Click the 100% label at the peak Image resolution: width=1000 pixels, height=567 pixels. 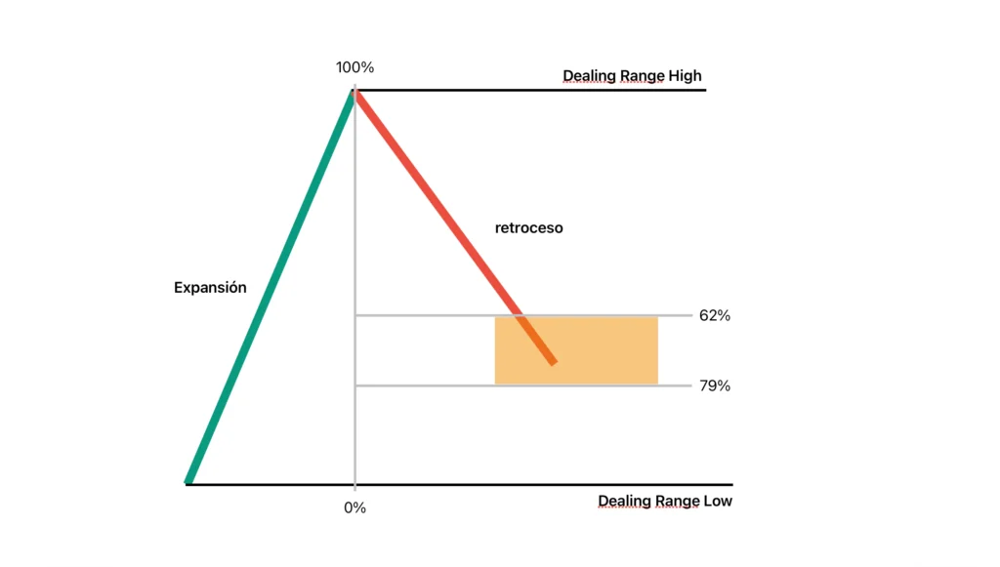pyautogui.click(x=354, y=67)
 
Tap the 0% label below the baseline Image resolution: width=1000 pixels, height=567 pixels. pyautogui.click(x=354, y=507)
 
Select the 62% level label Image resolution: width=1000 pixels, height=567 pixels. pyautogui.click(x=714, y=315)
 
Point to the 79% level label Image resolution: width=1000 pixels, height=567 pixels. pyautogui.click(x=714, y=385)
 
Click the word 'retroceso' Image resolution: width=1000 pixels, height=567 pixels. pyautogui.click(x=528, y=228)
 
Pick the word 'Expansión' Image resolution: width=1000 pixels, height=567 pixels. pyautogui.click(x=210, y=288)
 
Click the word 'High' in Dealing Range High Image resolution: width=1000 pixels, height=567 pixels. pyautogui.click(x=684, y=76)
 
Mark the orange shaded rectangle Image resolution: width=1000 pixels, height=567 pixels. pyautogui.click(x=605, y=349)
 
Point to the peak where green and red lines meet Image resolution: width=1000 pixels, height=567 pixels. pyautogui.click(x=354, y=90)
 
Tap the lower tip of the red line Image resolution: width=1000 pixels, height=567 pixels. pyautogui.click(x=553, y=362)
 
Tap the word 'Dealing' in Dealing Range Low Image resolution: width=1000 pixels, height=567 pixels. pyautogui.click(x=624, y=502)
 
